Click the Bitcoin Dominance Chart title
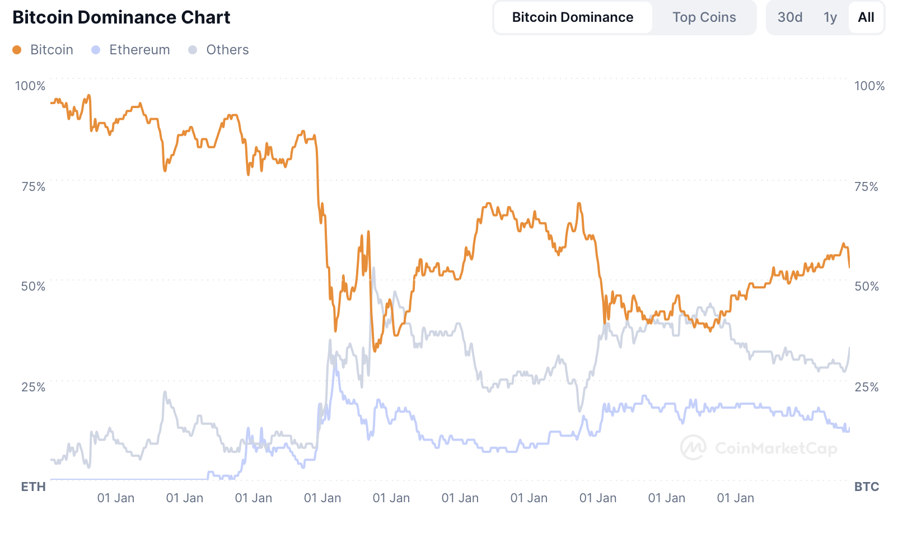121,17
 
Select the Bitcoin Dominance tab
572,17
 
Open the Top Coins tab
704,17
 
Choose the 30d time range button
789,17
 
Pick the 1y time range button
830,17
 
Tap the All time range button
866,17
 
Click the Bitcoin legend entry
52,50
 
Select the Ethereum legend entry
139,50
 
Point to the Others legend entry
227,50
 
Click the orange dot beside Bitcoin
17,50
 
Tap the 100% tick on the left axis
30,86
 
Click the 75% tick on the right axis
866,186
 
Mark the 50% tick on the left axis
33,286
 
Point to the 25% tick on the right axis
866,387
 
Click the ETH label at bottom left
33,487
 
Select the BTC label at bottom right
866,487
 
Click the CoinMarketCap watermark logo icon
693,447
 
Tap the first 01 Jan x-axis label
116,498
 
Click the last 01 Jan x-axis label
735,498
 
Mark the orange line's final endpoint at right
849,267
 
